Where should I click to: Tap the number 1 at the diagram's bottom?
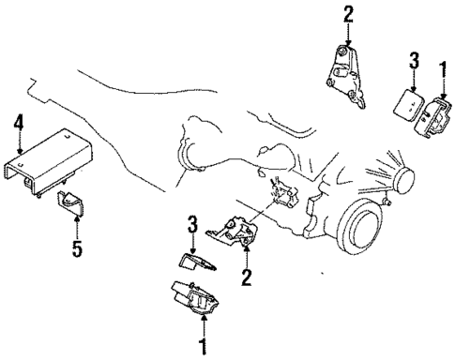(200, 347)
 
